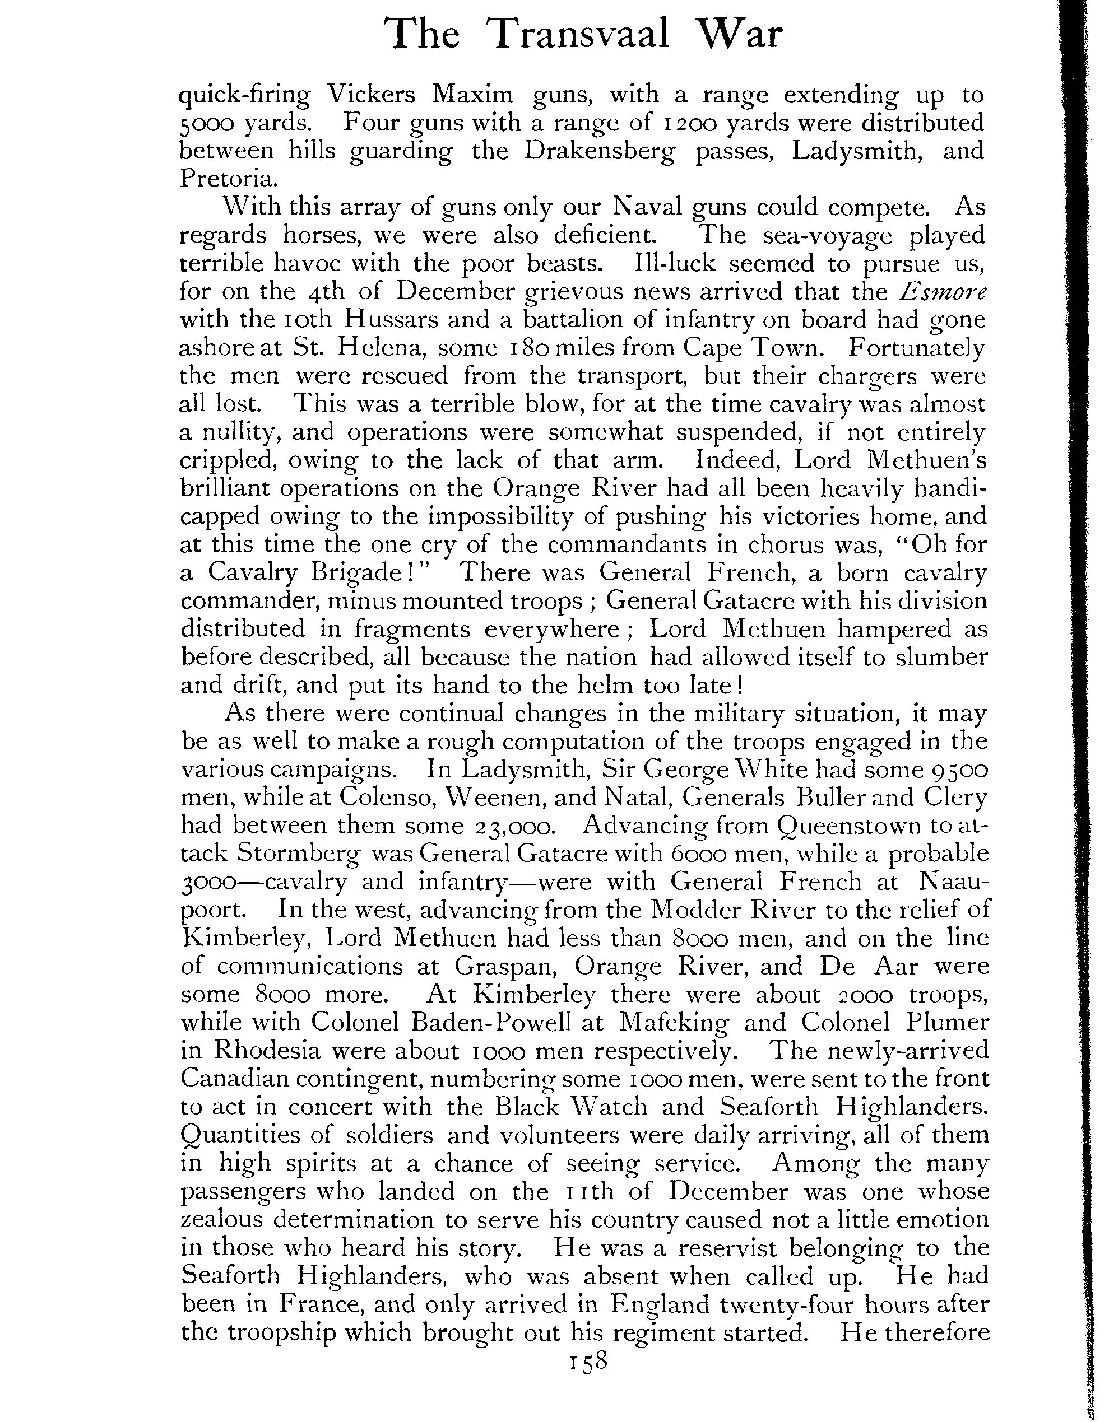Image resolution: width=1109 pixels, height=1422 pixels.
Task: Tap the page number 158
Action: pyautogui.click(x=588, y=1361)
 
